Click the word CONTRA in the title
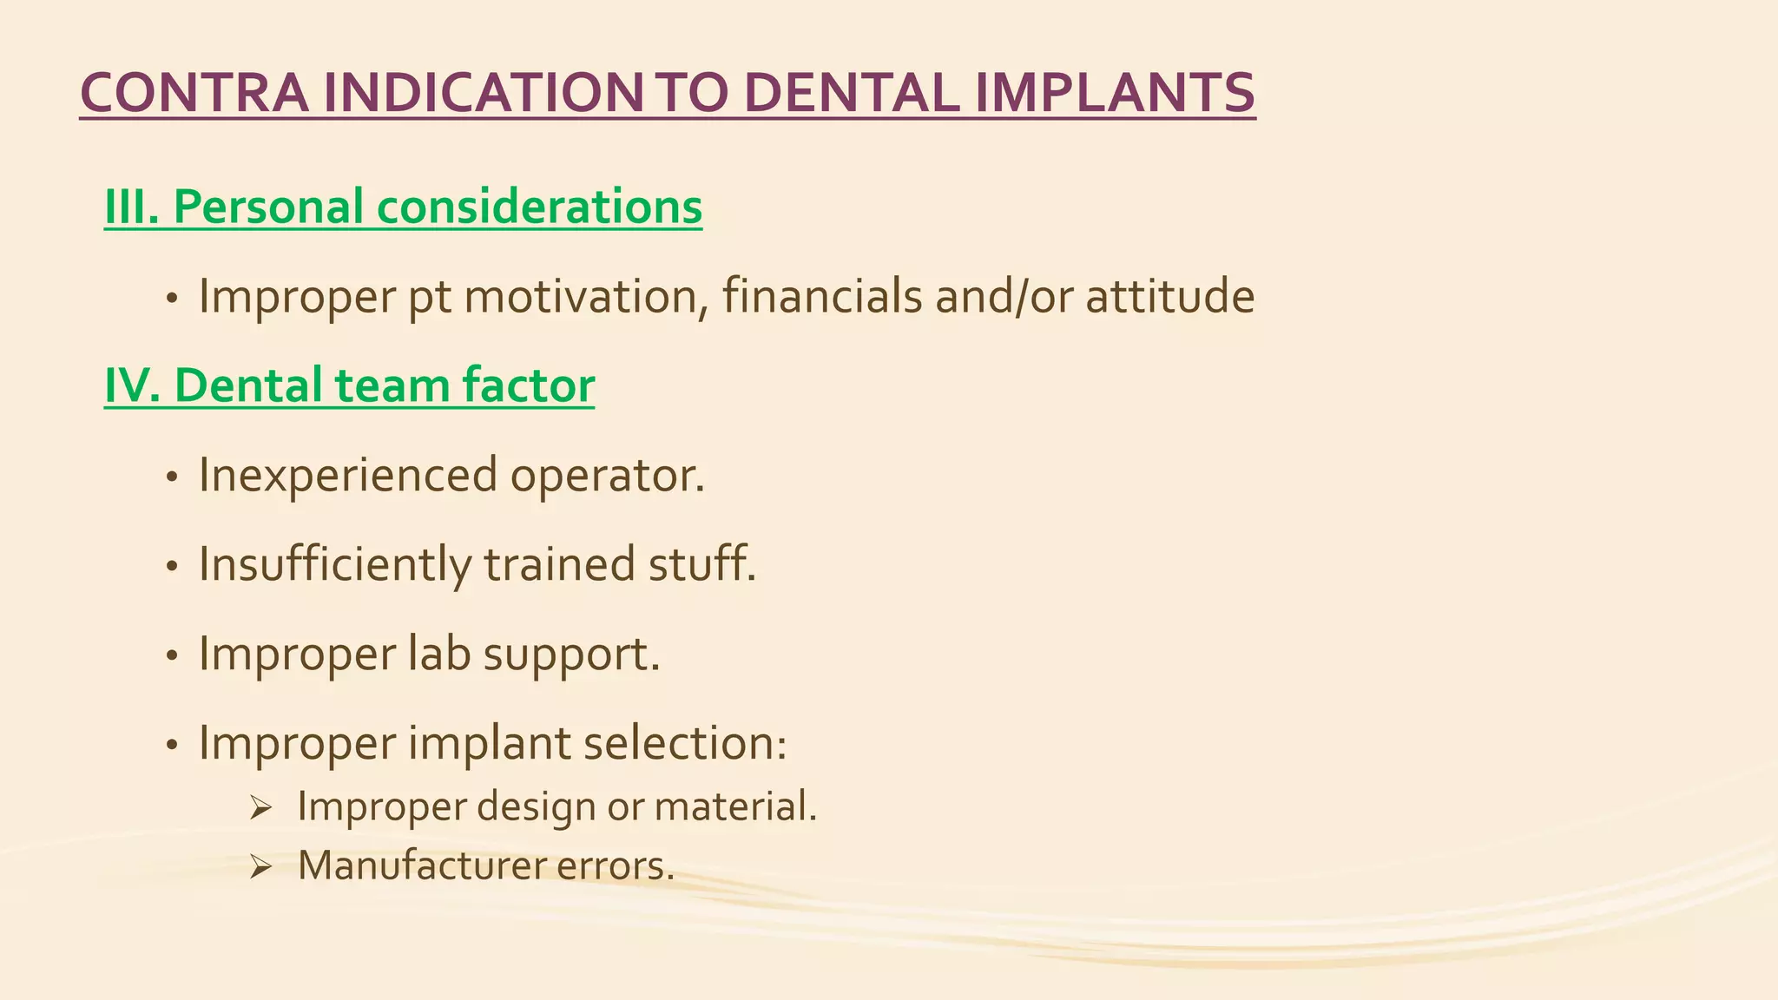(x=193, y=93)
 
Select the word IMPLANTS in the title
(x=1114, y=93)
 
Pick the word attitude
(x=1169, y=297)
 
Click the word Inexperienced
(x=348, y=477)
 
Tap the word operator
(x=607, y=477)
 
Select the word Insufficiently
(x=335, y=565)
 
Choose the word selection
(x=685, y=744)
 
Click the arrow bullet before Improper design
(x=260, y=809)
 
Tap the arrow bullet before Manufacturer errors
(x=260, y=866)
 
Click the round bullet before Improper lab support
(x=172, y=656)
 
